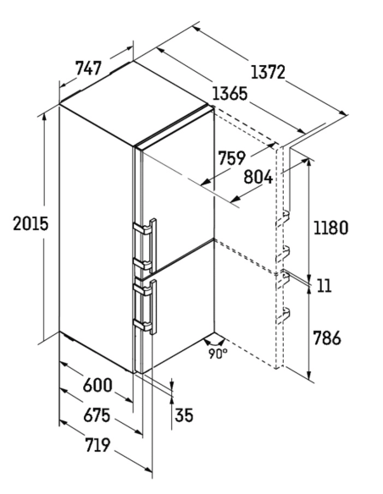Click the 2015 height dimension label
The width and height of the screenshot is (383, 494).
[31, 223]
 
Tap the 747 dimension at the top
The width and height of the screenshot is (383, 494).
[88, 68]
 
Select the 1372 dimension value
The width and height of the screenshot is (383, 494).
[268, 72]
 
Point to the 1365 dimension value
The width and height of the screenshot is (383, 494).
[230, 94]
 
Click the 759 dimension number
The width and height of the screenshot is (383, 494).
[232, 158]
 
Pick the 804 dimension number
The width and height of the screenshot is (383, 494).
[258, 177]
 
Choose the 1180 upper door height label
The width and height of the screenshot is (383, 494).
[330, 228]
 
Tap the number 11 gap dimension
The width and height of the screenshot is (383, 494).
[324, 286]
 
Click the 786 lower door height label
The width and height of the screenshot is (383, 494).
[327, 338]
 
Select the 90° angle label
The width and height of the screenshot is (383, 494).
[218, 354]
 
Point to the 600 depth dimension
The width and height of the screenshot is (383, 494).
[97, 385]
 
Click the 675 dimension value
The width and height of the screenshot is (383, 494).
[97, 415]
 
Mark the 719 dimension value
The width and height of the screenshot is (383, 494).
[97, 445]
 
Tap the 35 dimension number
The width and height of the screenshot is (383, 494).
[184, 415]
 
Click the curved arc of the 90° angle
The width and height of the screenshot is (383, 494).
[214, 342]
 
